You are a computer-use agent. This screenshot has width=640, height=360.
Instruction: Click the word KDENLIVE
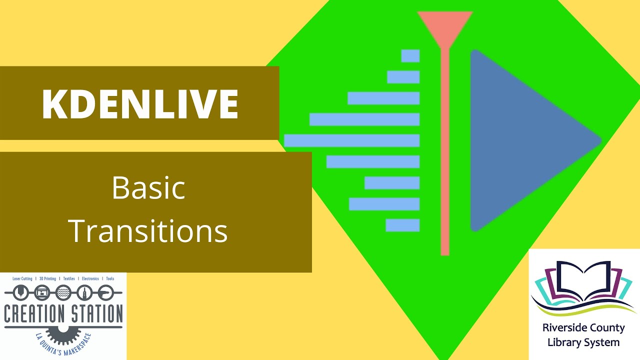click(139, 104)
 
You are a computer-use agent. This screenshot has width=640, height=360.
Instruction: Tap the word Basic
click(148, 188)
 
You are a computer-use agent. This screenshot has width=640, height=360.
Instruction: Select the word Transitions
click(148, 231)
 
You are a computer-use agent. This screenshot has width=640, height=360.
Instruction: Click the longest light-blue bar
click(351, 140)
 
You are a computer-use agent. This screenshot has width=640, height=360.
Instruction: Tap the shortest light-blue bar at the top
click(410, 56)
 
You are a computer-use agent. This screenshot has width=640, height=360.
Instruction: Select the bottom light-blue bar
click(402, 225)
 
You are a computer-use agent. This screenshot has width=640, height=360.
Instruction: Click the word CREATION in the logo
click(34, 314)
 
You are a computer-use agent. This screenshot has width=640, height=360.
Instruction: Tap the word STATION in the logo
click(95, 314)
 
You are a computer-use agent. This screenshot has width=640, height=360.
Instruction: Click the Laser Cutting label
click(22, 278)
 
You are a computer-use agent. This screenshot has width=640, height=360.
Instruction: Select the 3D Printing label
click(47, 278)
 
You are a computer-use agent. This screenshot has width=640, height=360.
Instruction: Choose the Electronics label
click(90, 278)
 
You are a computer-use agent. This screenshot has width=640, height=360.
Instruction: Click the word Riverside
click(563, 328)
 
